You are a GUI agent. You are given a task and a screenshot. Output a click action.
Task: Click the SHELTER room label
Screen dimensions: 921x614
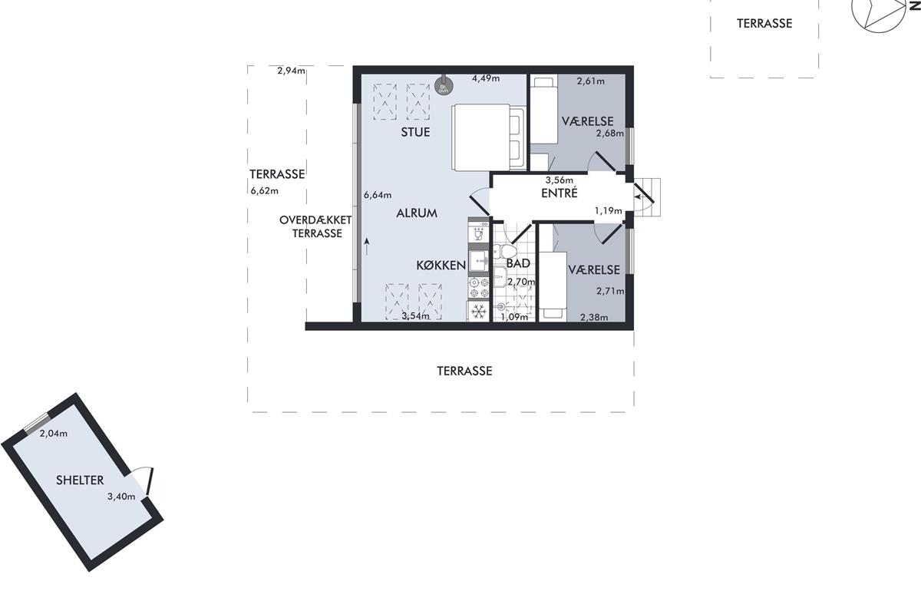tap(80, 480)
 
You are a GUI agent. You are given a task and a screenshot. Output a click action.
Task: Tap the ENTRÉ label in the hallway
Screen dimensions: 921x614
tap(560, 193)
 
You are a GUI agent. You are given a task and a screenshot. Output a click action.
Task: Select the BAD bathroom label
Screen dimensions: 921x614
tap(518, 263)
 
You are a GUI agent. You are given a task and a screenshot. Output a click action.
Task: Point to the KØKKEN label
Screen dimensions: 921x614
tap(441, 266)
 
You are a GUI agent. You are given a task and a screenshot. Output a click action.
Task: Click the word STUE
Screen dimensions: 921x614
tap(416, 132)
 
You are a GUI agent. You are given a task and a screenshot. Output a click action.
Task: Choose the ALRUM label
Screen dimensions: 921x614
tap(417, 213)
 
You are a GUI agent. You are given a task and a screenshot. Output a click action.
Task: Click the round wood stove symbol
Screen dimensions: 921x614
tap(444, 85)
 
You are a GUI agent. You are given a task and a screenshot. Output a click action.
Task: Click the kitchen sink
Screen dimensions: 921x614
tap(479, 260)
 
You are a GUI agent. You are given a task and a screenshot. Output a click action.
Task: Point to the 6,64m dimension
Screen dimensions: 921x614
tap(378, 195)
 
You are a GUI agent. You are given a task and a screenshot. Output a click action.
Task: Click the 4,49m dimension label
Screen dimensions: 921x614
tap(486, 78)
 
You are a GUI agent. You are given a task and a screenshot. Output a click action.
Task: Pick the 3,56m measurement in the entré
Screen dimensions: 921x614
tap(560, 180)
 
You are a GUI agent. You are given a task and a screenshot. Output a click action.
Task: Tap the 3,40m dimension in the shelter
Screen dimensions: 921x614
tap(121, 497)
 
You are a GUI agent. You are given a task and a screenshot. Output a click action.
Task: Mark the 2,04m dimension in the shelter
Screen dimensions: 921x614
tap(54, 434)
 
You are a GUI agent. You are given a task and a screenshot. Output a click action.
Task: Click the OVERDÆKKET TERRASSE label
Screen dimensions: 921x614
tap(315, 226)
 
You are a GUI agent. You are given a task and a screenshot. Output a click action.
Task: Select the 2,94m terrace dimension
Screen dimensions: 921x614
tap(291, 71)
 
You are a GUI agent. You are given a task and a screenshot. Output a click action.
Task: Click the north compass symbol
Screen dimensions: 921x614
tap(880, 12)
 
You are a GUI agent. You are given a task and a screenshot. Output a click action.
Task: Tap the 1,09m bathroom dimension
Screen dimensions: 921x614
tap(514, 317)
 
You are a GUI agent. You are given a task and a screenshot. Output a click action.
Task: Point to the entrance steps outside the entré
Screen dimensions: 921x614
tap(648, 197)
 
